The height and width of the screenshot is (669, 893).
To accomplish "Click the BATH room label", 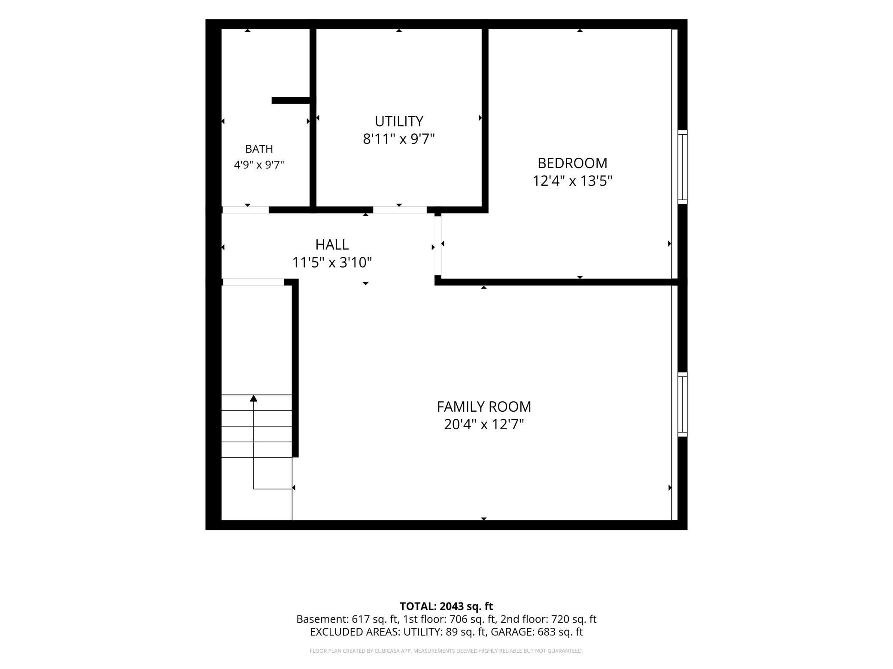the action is coord(259,149).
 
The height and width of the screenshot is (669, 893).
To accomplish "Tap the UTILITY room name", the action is coord(399,121).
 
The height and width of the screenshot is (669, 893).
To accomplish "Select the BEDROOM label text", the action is coord(572,163).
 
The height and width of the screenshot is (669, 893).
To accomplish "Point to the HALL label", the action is coord(332,244).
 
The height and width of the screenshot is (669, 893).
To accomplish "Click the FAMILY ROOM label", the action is coord(484,407).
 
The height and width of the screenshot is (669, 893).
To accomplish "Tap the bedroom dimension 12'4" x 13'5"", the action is coord(572,181).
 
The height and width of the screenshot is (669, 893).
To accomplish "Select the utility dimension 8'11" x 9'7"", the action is coord(399,139).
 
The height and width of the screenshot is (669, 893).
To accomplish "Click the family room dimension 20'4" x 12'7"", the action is coord(484,425).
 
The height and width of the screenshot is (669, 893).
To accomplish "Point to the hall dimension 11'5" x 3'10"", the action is coord(332,262).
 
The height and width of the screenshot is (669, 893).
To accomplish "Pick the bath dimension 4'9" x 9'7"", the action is coord(259,165).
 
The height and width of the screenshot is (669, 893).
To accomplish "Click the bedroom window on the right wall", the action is coord(682,167).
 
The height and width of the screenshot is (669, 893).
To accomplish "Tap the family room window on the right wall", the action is coord(682,405).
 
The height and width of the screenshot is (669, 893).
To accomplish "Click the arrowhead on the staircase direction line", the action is coord(254,398).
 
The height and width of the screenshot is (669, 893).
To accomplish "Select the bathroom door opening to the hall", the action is coord(246,210).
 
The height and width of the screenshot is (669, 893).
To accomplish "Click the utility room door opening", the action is coord(400,210).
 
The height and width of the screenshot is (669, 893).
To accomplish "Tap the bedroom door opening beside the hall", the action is coord(438,245).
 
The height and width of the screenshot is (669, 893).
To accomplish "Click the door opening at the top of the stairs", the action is coord(253,282).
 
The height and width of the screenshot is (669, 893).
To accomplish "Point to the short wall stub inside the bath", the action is coord(292,100).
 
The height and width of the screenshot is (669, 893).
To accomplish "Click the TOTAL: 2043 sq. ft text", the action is coord(446,606).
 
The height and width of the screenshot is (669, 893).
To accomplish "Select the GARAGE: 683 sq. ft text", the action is coord(537,632).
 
